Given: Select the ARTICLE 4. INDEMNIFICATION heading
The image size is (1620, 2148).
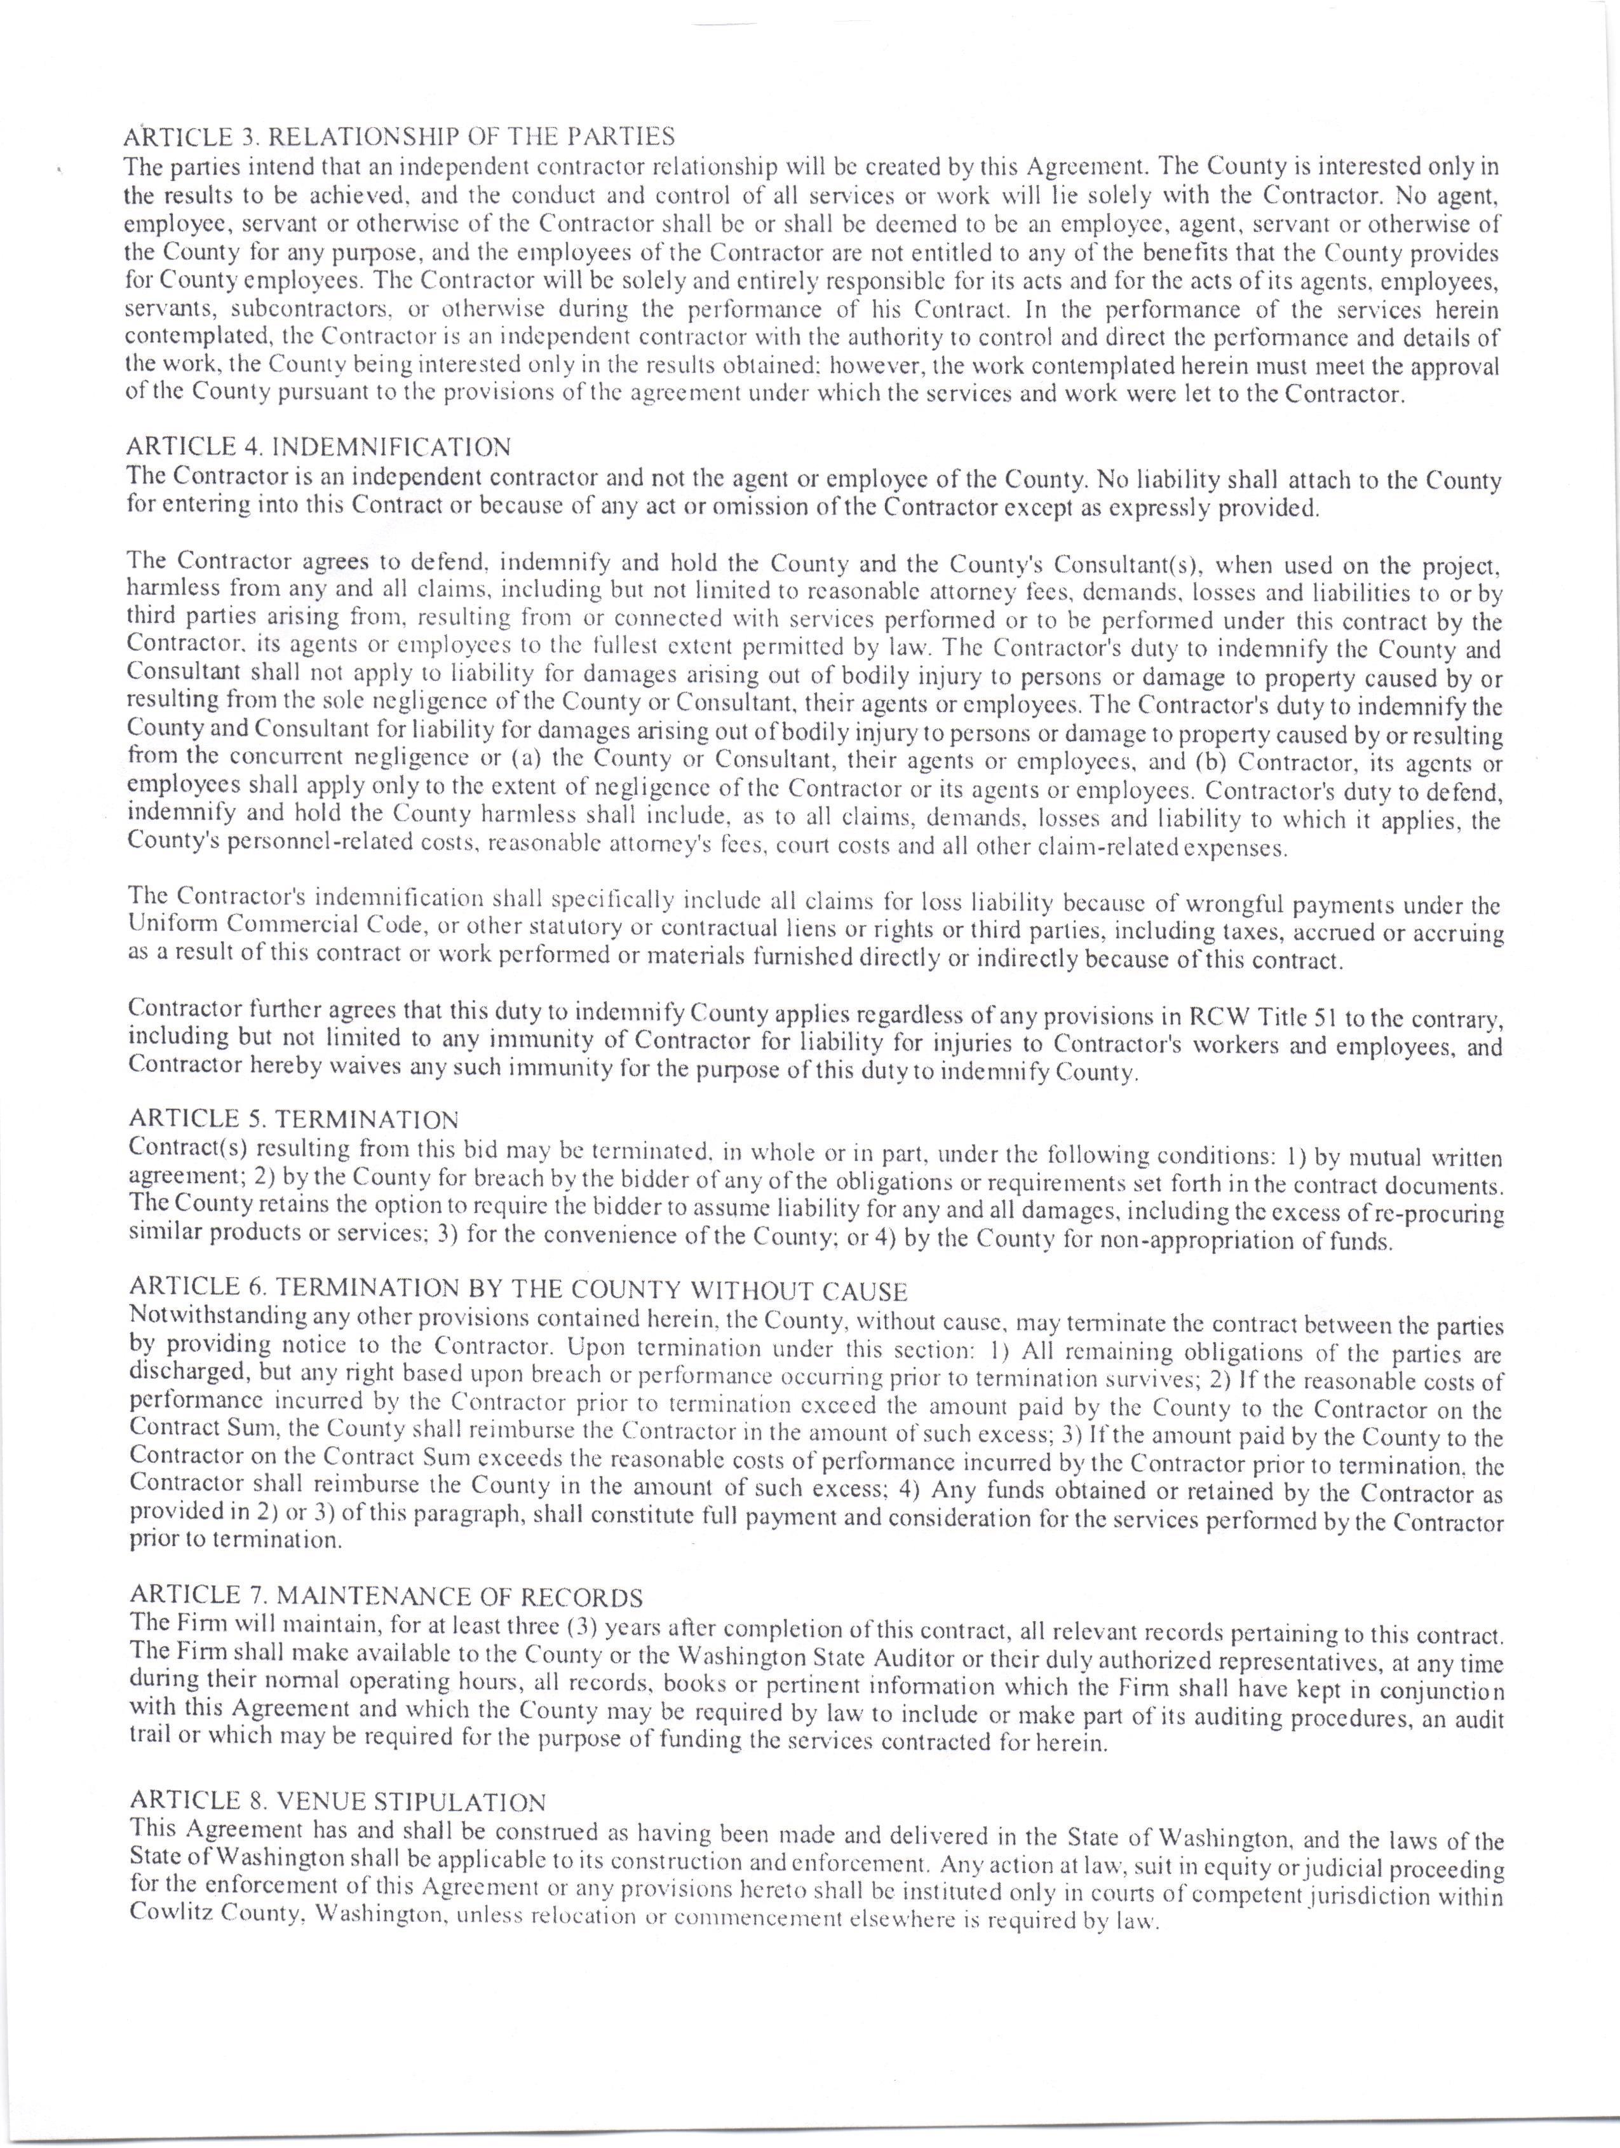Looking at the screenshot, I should pos(318,448).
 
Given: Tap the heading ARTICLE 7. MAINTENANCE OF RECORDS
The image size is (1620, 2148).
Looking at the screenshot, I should pos(386,1596).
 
